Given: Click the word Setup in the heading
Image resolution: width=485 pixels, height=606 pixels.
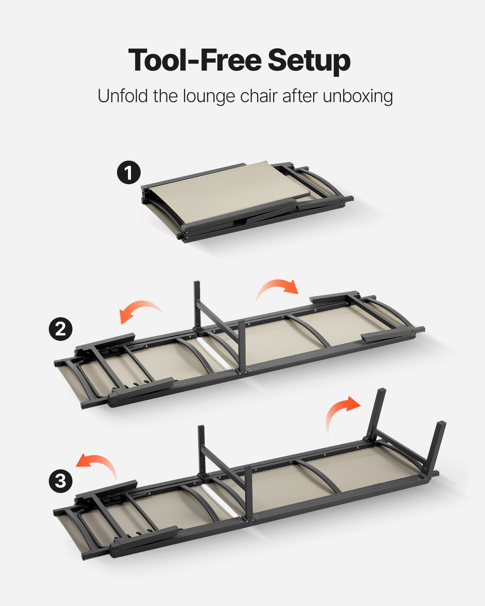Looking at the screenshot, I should pos(309,61).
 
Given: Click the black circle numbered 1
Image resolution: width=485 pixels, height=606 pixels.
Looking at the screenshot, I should pos(129,172).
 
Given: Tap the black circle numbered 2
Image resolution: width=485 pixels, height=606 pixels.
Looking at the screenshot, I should pos(61,329).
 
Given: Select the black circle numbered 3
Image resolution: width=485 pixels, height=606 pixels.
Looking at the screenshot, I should pos(61,481).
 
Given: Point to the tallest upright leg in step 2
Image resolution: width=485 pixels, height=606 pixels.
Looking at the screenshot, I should pos(197,303).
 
